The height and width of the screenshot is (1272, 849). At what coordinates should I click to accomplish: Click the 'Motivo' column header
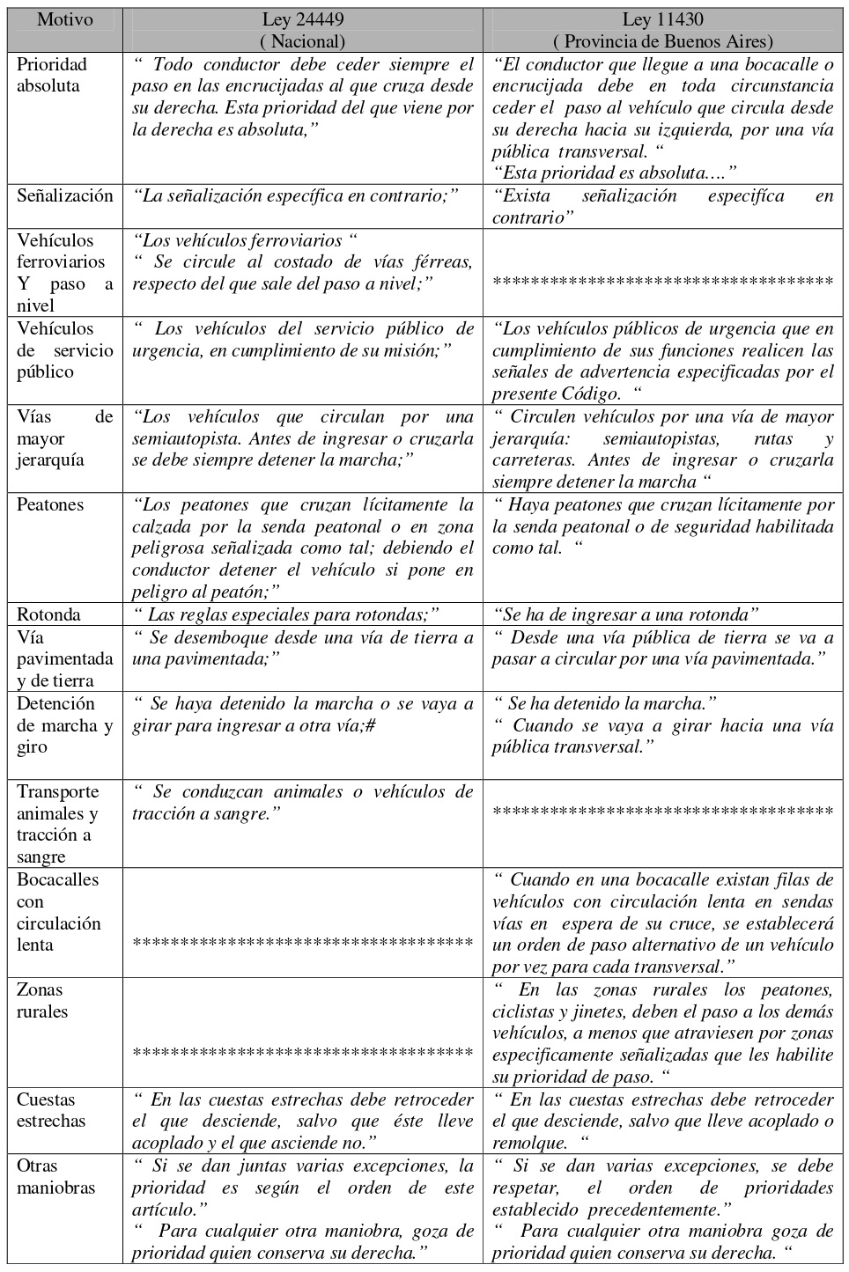point(64,19)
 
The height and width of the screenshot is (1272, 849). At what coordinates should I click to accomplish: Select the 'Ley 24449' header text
point(303,19)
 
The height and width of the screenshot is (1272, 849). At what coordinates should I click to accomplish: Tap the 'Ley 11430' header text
point(662,19)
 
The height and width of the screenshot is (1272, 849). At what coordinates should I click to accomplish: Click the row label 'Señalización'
point(65,195)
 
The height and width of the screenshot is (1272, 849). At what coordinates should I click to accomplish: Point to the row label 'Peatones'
point(50,504)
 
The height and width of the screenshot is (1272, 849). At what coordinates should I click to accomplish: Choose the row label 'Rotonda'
point(48,614)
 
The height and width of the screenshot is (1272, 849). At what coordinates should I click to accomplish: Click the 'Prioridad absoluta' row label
point(52,75)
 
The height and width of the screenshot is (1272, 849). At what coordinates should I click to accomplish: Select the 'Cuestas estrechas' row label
point(51,1110)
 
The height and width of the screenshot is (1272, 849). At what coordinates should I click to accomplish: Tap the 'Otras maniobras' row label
point(55,1176)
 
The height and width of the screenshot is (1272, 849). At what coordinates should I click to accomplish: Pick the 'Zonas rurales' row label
point(42,1000)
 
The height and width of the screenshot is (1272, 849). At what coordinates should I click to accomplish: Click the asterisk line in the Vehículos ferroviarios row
point(662,283)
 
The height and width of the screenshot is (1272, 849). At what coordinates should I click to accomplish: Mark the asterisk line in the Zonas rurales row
point(303,1053)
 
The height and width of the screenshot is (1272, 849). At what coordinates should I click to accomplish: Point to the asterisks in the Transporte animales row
point(662,811)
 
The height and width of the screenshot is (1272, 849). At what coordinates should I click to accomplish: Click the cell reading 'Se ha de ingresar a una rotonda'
point(626,614)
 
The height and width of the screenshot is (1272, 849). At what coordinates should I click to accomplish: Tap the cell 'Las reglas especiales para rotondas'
point(286,614)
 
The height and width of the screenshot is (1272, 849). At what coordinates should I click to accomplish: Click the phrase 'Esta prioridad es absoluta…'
point(614,173)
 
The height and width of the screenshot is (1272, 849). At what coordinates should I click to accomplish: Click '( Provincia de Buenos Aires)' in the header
point(662,41)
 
